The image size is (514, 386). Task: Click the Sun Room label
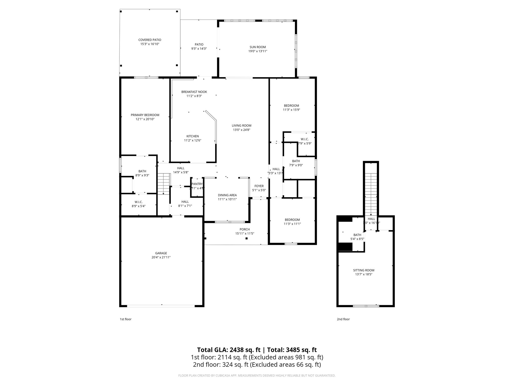point(258,47)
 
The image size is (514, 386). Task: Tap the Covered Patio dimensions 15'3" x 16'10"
point(150,44)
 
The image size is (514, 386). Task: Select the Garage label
point(161,253)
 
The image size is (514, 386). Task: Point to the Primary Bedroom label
point(145,115)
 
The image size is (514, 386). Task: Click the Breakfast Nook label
point(194,92)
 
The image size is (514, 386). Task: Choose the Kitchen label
point(192,136)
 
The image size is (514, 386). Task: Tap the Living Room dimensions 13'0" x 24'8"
point(241,130)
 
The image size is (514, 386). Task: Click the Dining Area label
point(227,195)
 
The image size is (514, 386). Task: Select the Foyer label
point(259,186)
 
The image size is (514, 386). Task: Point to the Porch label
point(244,229)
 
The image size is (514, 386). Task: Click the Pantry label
point(197,184)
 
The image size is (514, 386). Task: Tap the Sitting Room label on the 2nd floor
point(363,270)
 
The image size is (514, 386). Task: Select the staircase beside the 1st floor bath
point(164,183)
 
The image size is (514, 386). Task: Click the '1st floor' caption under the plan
point(125,319)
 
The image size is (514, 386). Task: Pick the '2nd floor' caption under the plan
point(343,319)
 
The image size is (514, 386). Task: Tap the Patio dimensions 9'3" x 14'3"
point(199,49)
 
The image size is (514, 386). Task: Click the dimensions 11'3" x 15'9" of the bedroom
point(291,110)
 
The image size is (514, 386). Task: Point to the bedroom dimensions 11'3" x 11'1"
point(292,224)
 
